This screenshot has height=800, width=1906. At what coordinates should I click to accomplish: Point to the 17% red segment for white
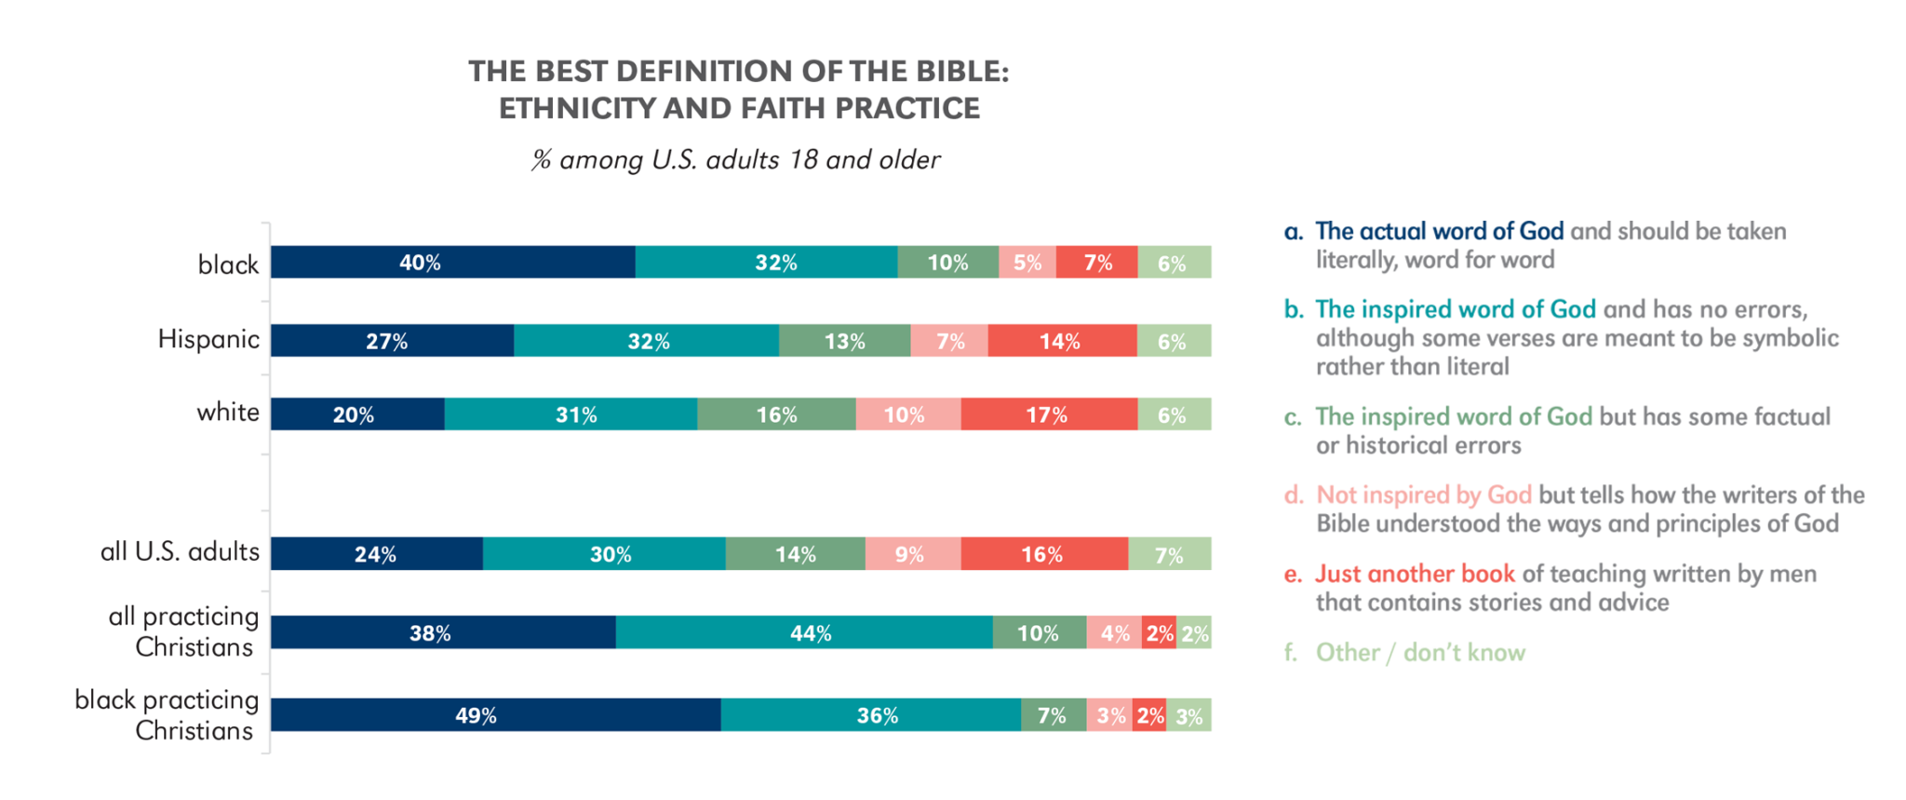pos(1049,414)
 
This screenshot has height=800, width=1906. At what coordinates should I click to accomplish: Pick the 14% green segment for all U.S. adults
pos(795,554)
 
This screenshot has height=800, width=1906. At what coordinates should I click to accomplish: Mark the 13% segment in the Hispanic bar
pos(844,341)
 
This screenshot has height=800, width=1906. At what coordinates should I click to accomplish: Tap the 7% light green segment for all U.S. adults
pos(1170,554)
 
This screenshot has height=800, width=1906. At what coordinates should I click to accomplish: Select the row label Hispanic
pos(208,339)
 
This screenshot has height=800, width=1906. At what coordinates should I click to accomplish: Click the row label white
pos(228,412)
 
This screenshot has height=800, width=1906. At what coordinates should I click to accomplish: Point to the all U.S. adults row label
pos(180,551)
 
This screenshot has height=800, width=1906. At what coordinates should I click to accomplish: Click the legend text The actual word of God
pos(1439,231)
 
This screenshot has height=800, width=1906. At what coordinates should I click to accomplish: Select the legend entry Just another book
pos(1415,574)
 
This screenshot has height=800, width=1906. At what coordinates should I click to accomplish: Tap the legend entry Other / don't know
pos(1420,652)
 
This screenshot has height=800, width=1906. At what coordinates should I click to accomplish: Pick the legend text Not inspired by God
pos(1423,495)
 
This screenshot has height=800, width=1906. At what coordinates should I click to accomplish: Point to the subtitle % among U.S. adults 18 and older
pos(736,160)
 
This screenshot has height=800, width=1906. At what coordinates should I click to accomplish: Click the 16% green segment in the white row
pos(776,414)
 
